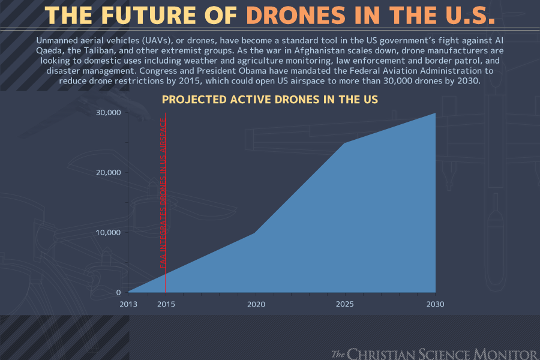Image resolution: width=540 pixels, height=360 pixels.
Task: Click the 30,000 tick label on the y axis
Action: coord(109,113)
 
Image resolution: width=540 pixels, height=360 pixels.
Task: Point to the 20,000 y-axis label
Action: coord(109,172)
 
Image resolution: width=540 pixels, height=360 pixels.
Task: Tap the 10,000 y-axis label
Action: coord(109,232)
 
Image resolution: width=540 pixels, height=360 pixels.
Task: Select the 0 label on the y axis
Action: coord(118,292)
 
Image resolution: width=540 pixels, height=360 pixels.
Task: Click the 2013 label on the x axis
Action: coord(128,304)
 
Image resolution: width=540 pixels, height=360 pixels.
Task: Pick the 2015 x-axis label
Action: coord(166,304)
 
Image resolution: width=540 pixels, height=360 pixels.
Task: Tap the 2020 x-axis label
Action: coord(256,304)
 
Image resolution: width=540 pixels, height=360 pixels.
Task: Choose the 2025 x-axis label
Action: coord(345,304)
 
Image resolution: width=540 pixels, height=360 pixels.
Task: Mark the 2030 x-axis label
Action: coord(435,304)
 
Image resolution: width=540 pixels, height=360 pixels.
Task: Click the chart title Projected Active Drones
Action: coord(270,99)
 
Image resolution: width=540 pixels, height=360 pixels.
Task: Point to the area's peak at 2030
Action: coord(434,114)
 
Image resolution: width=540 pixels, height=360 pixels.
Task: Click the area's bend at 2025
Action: coord(345,143)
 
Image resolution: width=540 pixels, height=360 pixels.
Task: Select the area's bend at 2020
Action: coord(256,233)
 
